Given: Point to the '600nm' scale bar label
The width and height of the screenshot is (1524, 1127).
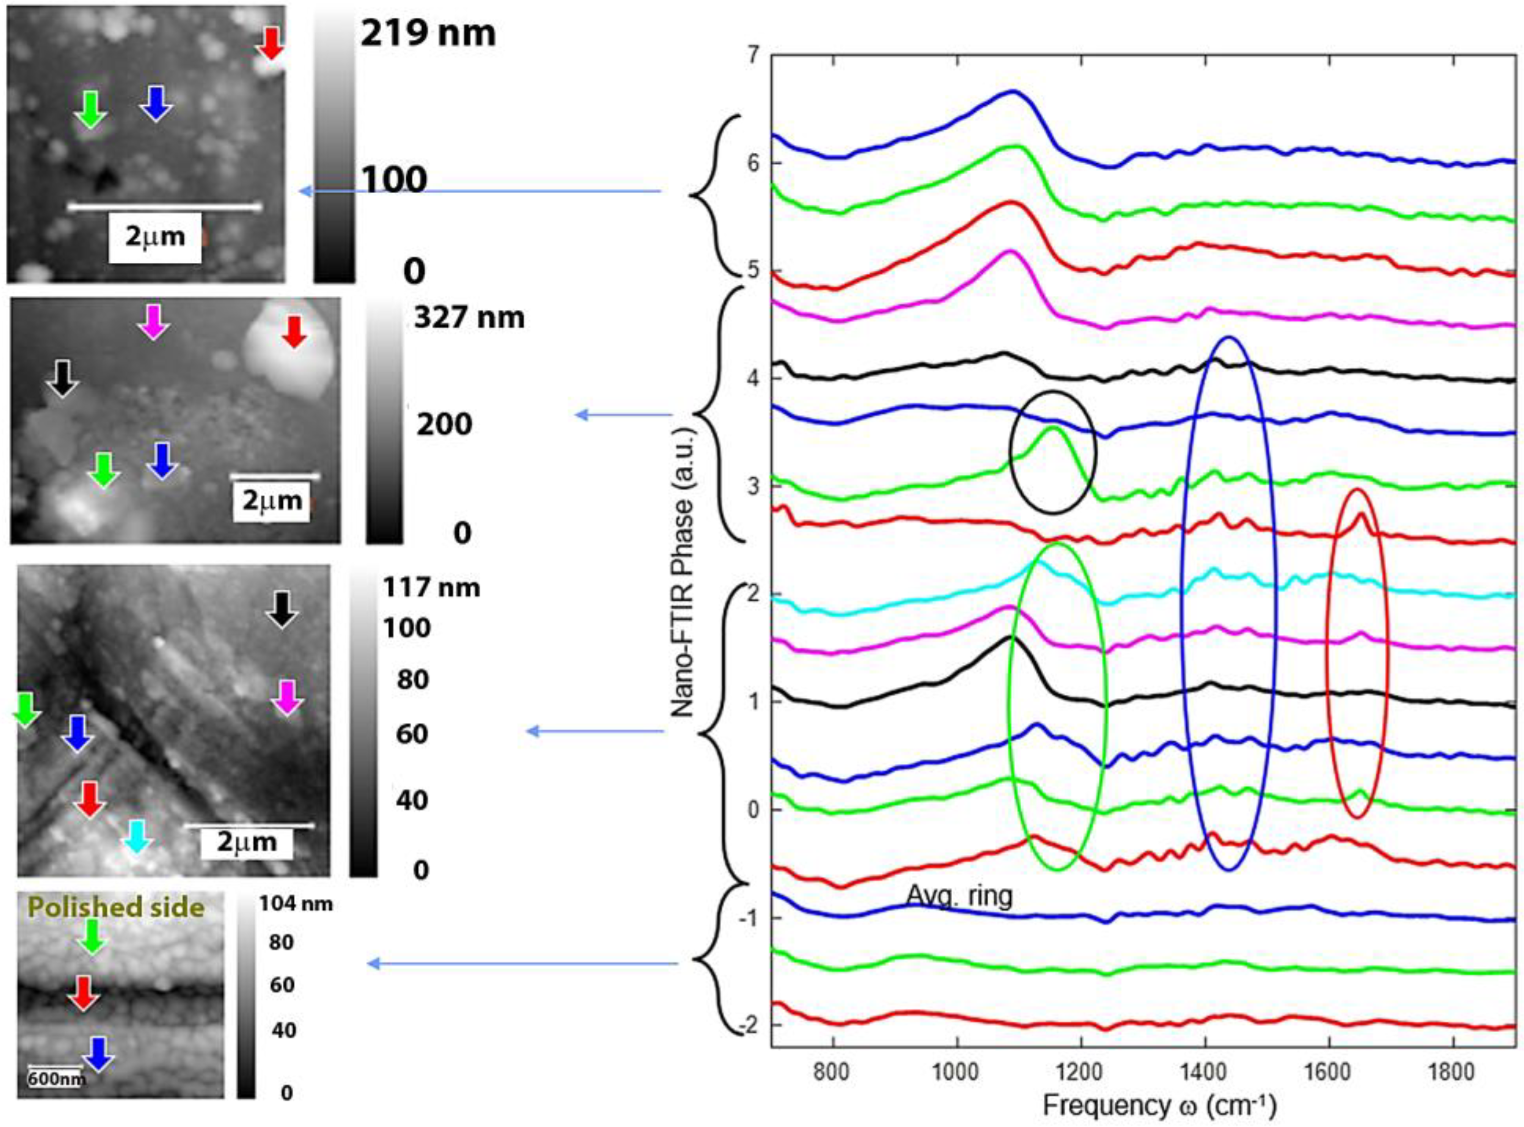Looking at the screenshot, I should click(56, 1078).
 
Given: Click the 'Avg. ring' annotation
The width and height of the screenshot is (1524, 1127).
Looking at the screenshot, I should click(959, 896).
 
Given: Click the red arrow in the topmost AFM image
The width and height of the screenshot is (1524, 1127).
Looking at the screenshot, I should click(271, 44).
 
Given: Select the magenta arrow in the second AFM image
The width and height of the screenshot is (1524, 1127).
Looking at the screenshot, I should click(153, 321).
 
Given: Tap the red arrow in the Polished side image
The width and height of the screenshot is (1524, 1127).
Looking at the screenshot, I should click(84, 992).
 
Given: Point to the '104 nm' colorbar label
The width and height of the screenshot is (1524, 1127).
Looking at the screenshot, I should click(295, 904).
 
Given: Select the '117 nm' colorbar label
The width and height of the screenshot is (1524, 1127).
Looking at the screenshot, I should click(430, 587).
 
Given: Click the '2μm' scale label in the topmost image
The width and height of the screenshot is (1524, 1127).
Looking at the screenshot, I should click(155, 237).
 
